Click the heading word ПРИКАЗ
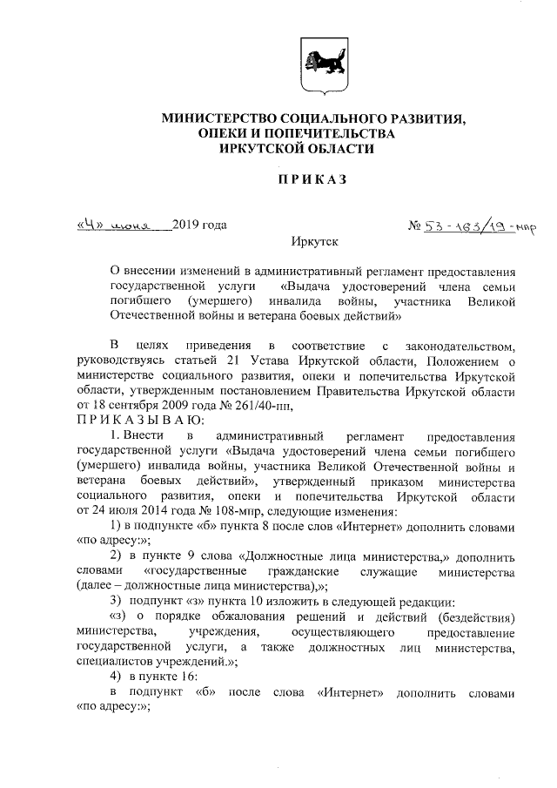coord(312,180)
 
